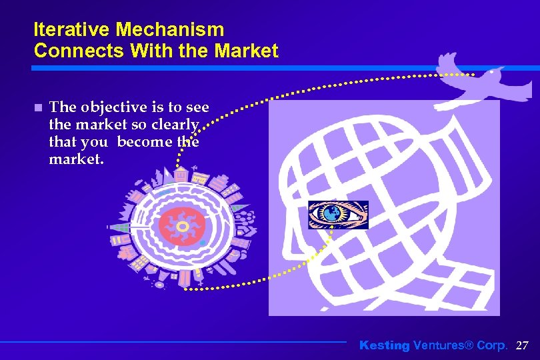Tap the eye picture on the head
pos(338,215)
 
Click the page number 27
pos(522,345)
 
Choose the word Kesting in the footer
pos(385,345)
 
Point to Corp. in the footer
pos(492,345)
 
